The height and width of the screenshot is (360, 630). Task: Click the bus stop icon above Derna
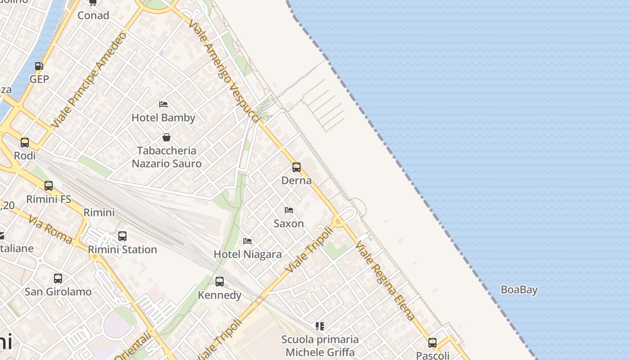297,167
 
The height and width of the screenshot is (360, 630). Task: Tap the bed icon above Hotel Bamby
163,104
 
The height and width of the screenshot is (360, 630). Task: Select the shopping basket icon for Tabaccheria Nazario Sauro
166,137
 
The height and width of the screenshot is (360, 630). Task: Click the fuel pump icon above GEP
39,66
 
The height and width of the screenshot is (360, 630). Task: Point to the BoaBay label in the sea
519,290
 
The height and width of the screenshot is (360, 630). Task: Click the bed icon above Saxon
289,210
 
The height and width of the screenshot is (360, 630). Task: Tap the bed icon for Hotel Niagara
247,241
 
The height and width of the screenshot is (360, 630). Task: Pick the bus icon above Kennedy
220,282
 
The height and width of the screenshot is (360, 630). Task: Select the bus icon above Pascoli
432,342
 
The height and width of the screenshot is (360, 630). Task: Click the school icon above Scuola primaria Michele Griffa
320,326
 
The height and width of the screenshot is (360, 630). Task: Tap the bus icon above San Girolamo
58,279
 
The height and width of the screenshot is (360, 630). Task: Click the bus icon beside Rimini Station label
122,236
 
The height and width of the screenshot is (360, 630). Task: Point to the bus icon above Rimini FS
49,186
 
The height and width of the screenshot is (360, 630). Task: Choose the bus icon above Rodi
25,143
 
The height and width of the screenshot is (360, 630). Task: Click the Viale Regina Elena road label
385,281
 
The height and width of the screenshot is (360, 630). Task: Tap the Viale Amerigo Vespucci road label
224,71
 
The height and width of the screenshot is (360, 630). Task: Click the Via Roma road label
50,230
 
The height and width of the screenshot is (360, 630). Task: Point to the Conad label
93,15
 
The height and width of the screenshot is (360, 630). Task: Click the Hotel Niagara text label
247,254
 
